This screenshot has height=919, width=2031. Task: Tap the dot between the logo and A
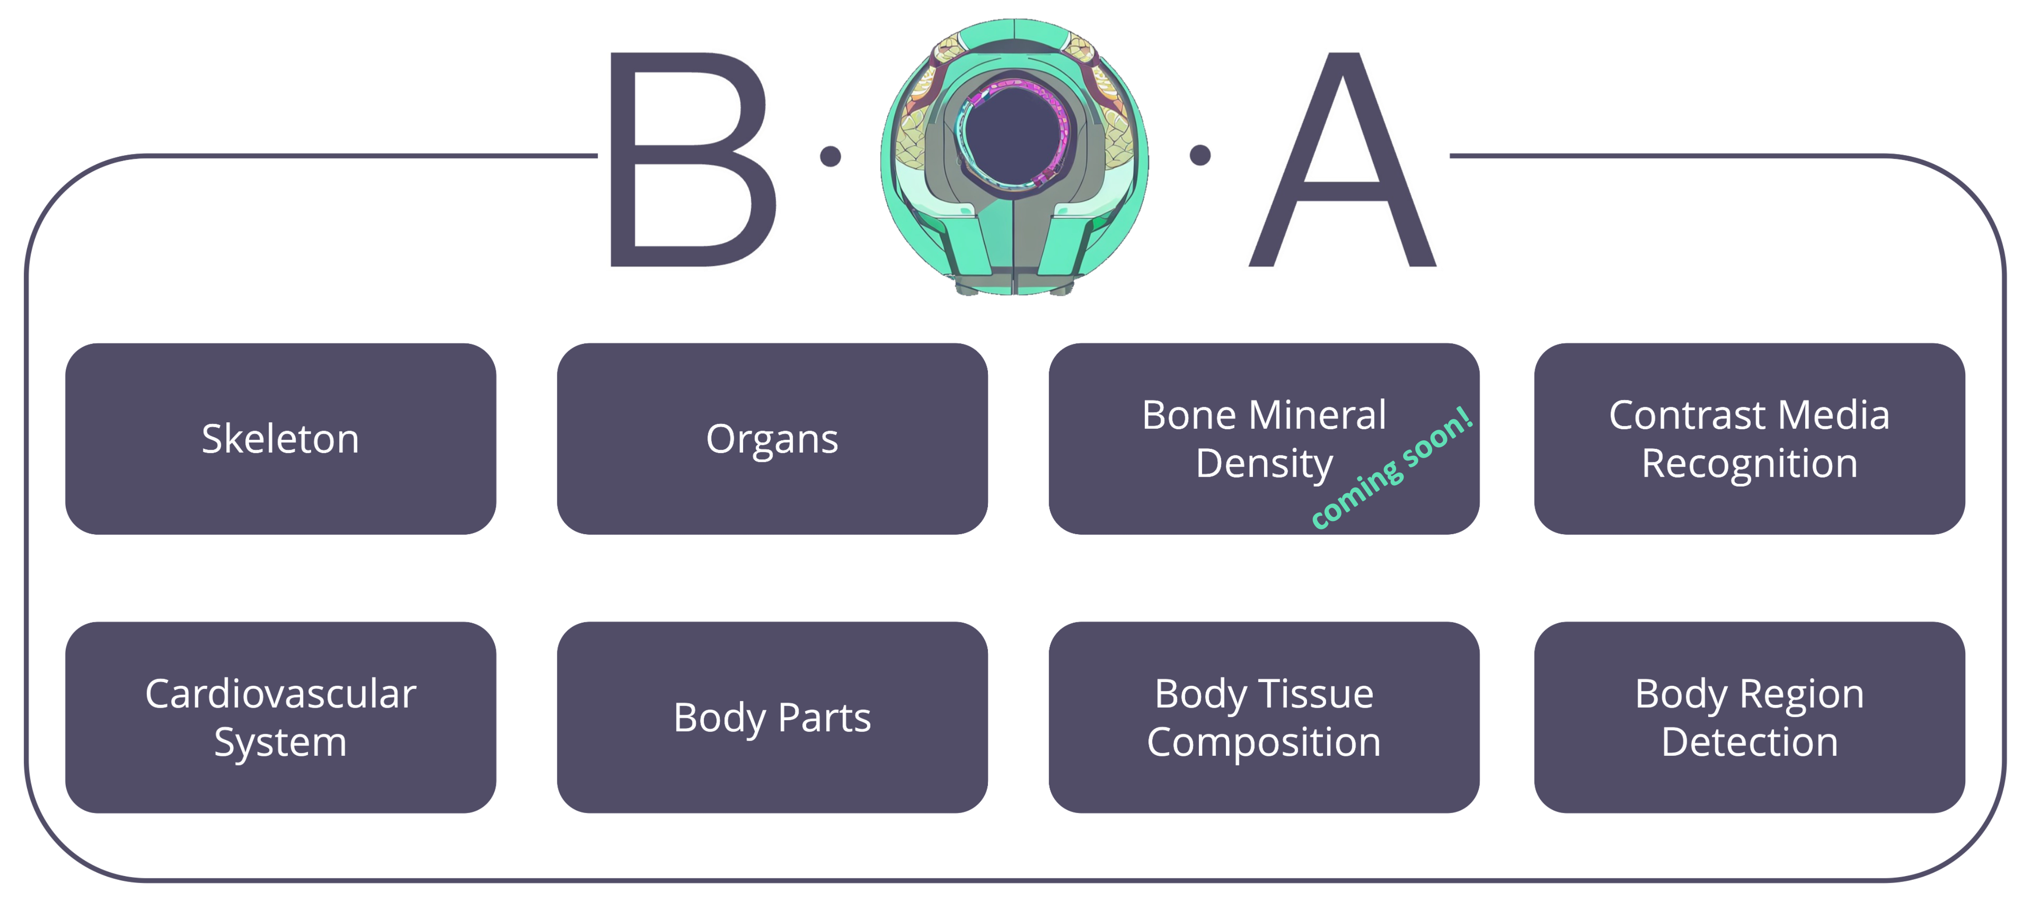point(1200,155)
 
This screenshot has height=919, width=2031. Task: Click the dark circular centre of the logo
point(1013,132)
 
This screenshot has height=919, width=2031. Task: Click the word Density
point(1264,463)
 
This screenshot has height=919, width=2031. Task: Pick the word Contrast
point(1686,415)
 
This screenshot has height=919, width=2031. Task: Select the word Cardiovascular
point(281,694)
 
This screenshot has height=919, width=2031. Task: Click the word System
point(281,743)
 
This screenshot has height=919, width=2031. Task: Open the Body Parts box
point(772,717)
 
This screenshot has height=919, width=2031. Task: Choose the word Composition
point(1264,743)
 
